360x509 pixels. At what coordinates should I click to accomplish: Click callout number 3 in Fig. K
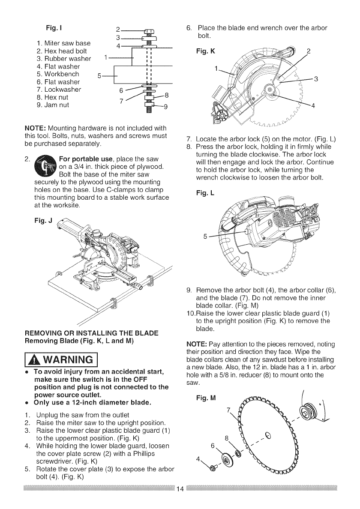tap(316, 78)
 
